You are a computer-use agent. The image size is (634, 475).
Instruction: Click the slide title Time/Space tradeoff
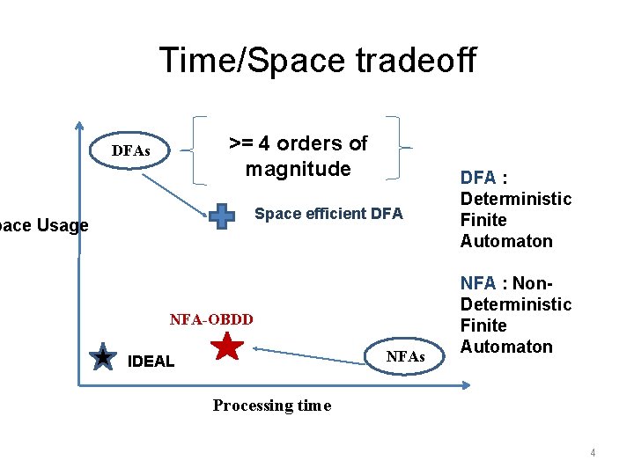[317, 60]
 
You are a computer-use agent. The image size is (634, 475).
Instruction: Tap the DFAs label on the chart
[130, 152]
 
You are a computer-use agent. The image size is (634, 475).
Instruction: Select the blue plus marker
[223, 216]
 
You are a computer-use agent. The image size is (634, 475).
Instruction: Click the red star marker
[228, 347]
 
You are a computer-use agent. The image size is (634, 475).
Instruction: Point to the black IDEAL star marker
[103, 357]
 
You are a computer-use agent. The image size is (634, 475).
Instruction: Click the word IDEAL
[151, 362]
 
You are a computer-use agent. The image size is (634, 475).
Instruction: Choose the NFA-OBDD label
[210, 319]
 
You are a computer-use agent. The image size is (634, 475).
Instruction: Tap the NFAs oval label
[405, 357]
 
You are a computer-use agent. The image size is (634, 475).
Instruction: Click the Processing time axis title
[271, 406]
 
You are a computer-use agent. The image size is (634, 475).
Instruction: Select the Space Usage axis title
[44, 226]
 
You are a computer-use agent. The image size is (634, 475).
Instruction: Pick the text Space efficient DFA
[328, 214]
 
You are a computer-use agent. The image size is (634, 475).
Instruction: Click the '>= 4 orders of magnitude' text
[298, 156]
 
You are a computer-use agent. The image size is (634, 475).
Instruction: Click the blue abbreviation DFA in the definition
[478, 179]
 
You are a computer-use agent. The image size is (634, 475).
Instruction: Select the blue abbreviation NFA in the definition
[478, 283]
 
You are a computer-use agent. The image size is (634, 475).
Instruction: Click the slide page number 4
[593, 453]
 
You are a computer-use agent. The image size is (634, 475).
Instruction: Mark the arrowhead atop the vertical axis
[78, 126]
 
